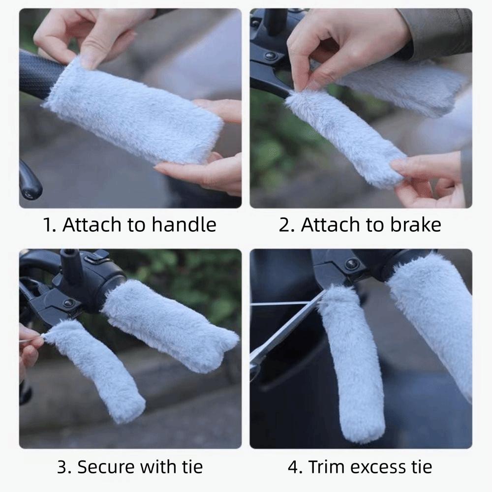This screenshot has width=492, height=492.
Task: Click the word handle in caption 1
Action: (184, 225)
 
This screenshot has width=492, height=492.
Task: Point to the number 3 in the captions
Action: (61, 466)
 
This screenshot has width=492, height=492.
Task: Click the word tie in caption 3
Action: (191, 466)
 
